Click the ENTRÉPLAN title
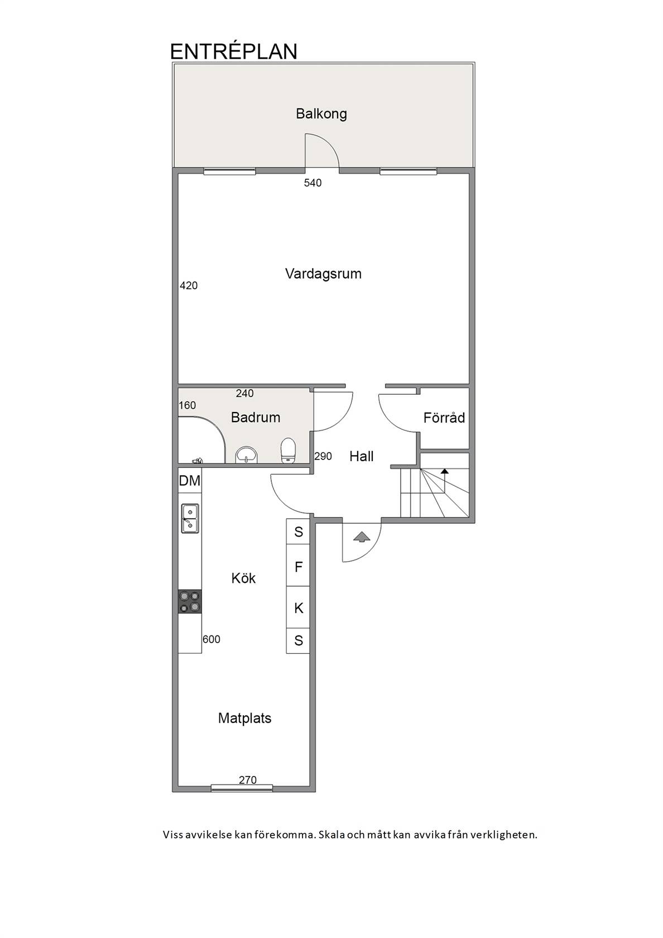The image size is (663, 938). tap(233, 51)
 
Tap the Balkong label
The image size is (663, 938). tap(321, 114)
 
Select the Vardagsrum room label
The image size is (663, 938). tap(323, 274)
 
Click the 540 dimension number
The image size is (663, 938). tap(313, 183)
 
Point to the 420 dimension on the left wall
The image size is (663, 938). tap(189, 286)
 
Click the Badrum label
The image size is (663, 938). tap(256, 418)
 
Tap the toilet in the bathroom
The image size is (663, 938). tap(288, 450)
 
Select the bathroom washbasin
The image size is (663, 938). tap(247, 454)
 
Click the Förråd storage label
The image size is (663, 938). tap(444, 418)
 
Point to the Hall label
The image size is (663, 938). tap(361, 457)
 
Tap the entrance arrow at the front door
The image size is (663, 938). tap(362, 537)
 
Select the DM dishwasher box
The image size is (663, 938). tap(190, 481)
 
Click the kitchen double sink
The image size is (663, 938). tap(190, 518)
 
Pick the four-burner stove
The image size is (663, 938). tap(190, 602)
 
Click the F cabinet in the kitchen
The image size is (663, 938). tap(298, 567)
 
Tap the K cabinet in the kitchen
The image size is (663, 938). tap(298, 608)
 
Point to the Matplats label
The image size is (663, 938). tap(244, 718)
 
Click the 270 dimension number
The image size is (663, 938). tap(248, 780)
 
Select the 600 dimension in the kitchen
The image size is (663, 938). tap(212, 639)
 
